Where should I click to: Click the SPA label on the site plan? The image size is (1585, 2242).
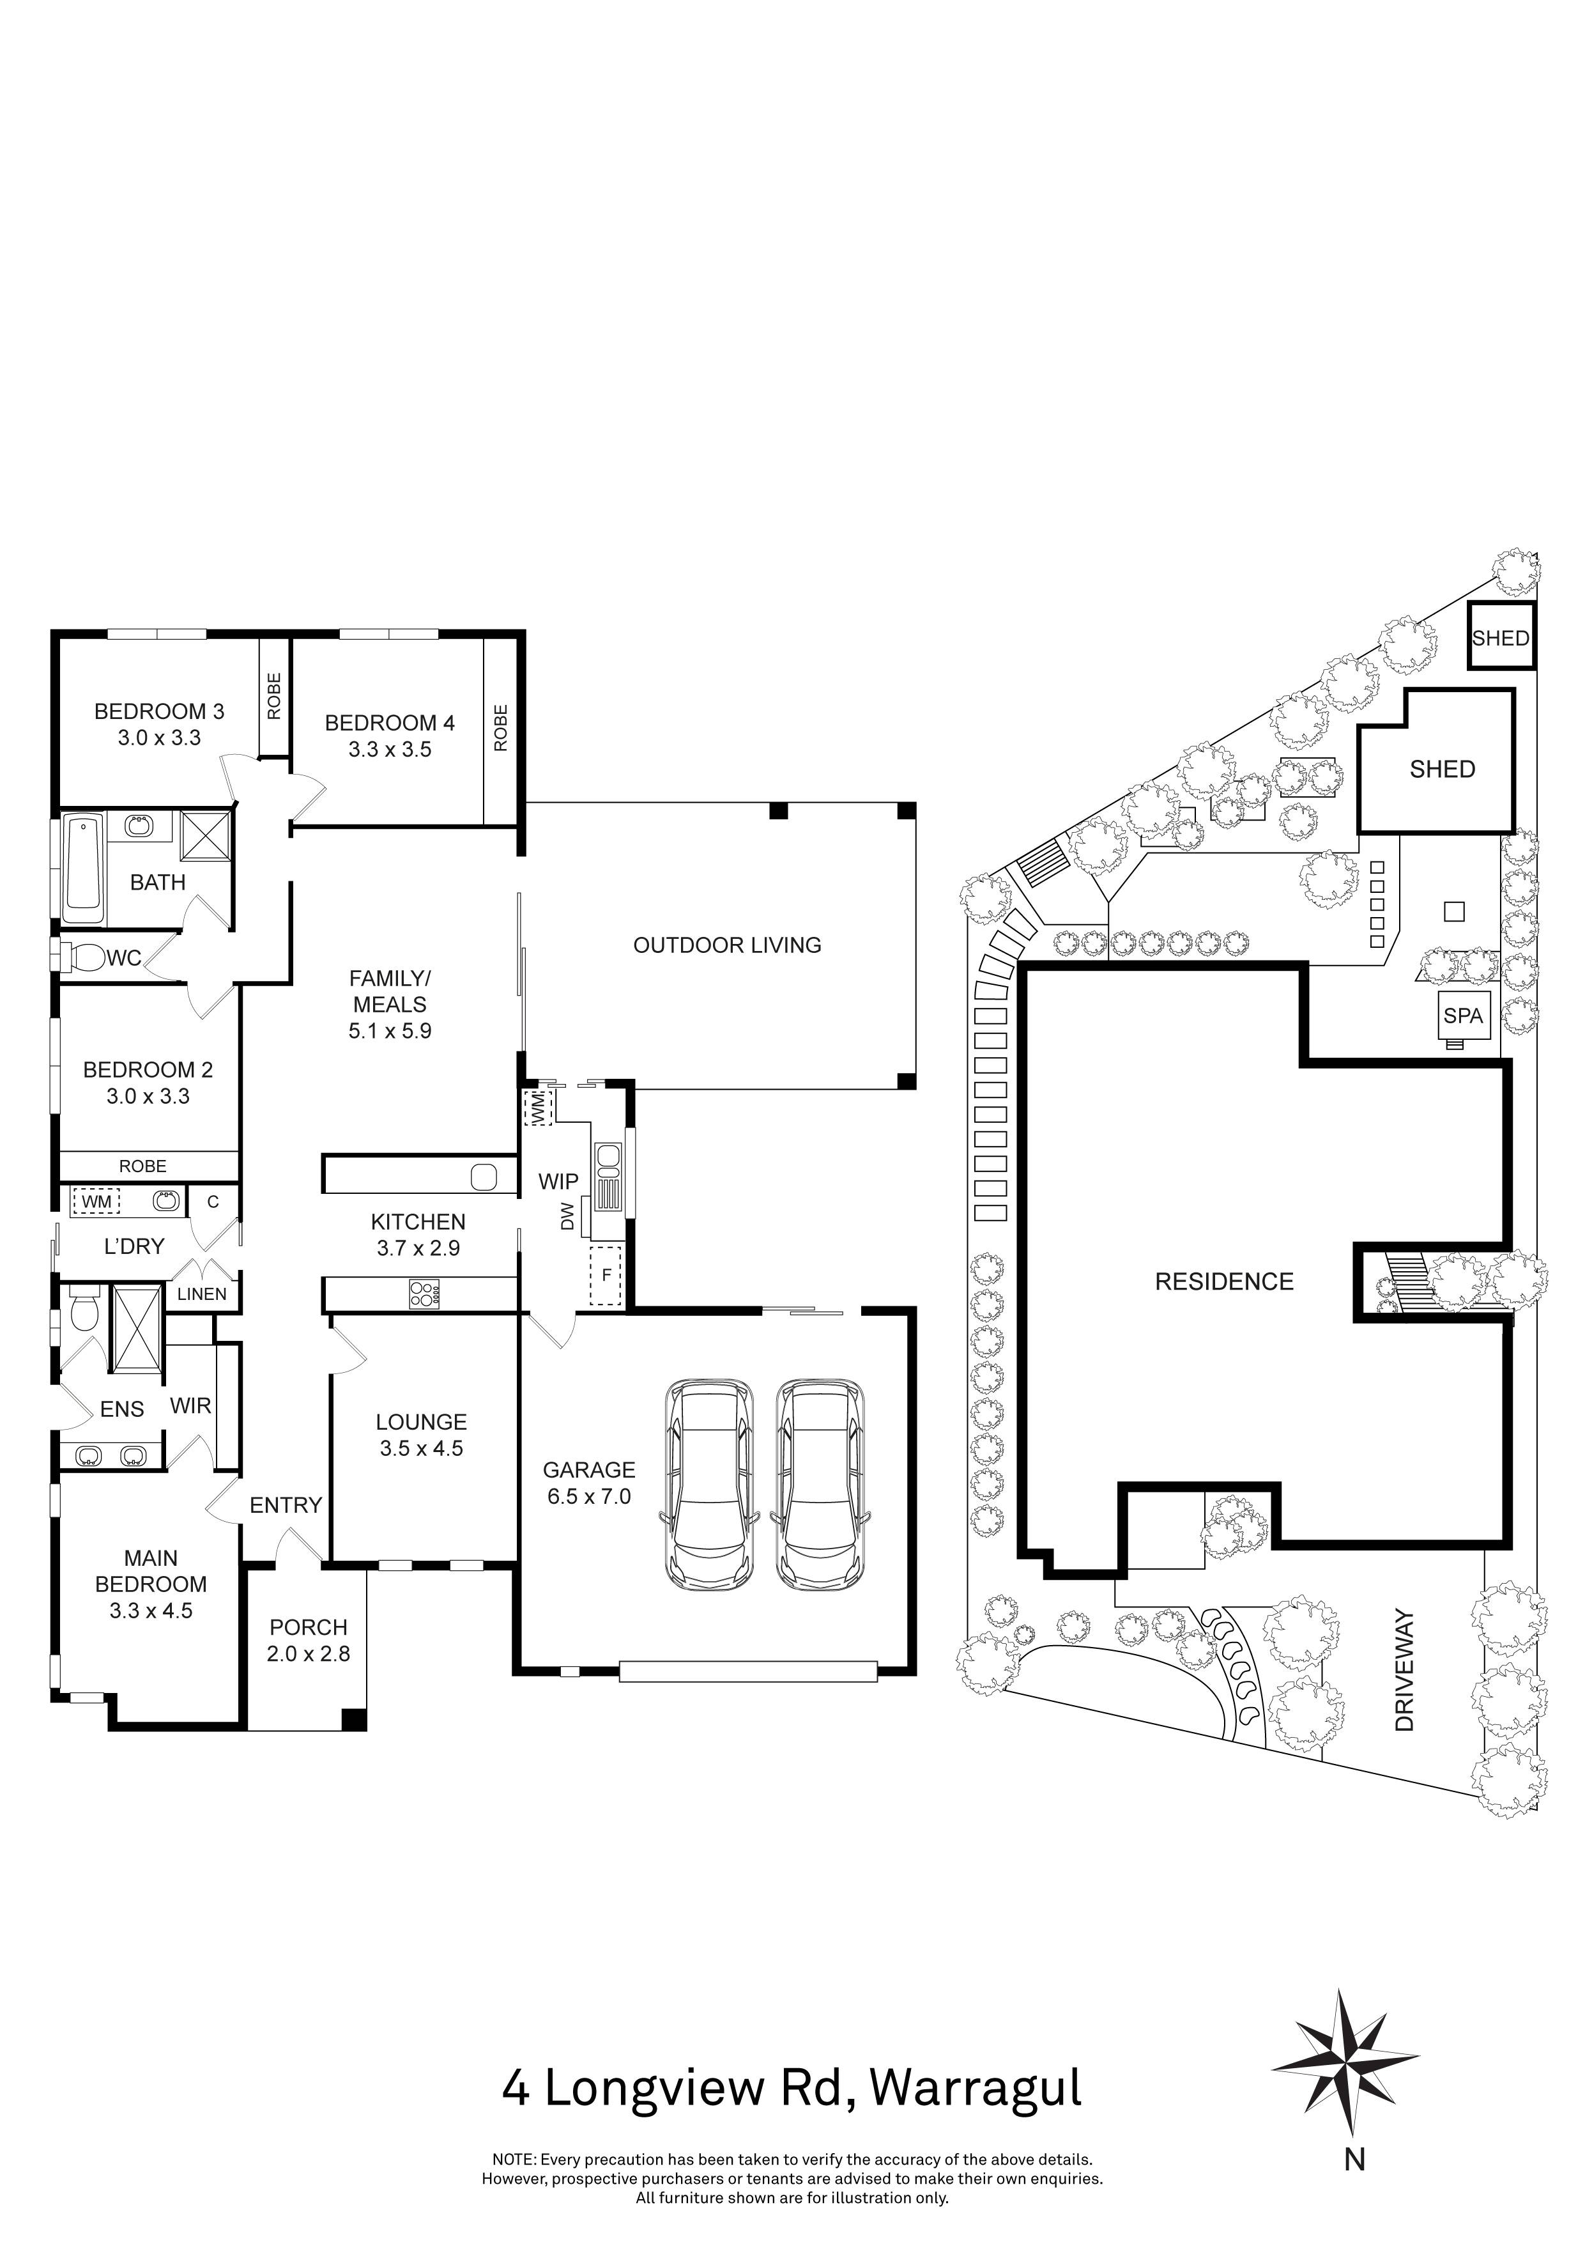coord(1463,1016)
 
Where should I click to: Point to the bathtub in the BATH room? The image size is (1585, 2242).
coord(83,870)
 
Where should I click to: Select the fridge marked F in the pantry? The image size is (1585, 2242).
coord(606,1275)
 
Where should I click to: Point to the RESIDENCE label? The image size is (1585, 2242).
coord(1224,1281)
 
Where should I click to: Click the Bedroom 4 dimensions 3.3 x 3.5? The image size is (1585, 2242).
coord(390,749)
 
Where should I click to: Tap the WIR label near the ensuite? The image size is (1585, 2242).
coord(190,1405)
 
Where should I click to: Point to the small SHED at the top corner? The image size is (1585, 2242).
coord(1501,637)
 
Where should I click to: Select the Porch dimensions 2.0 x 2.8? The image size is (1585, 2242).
coord(309,1653)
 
